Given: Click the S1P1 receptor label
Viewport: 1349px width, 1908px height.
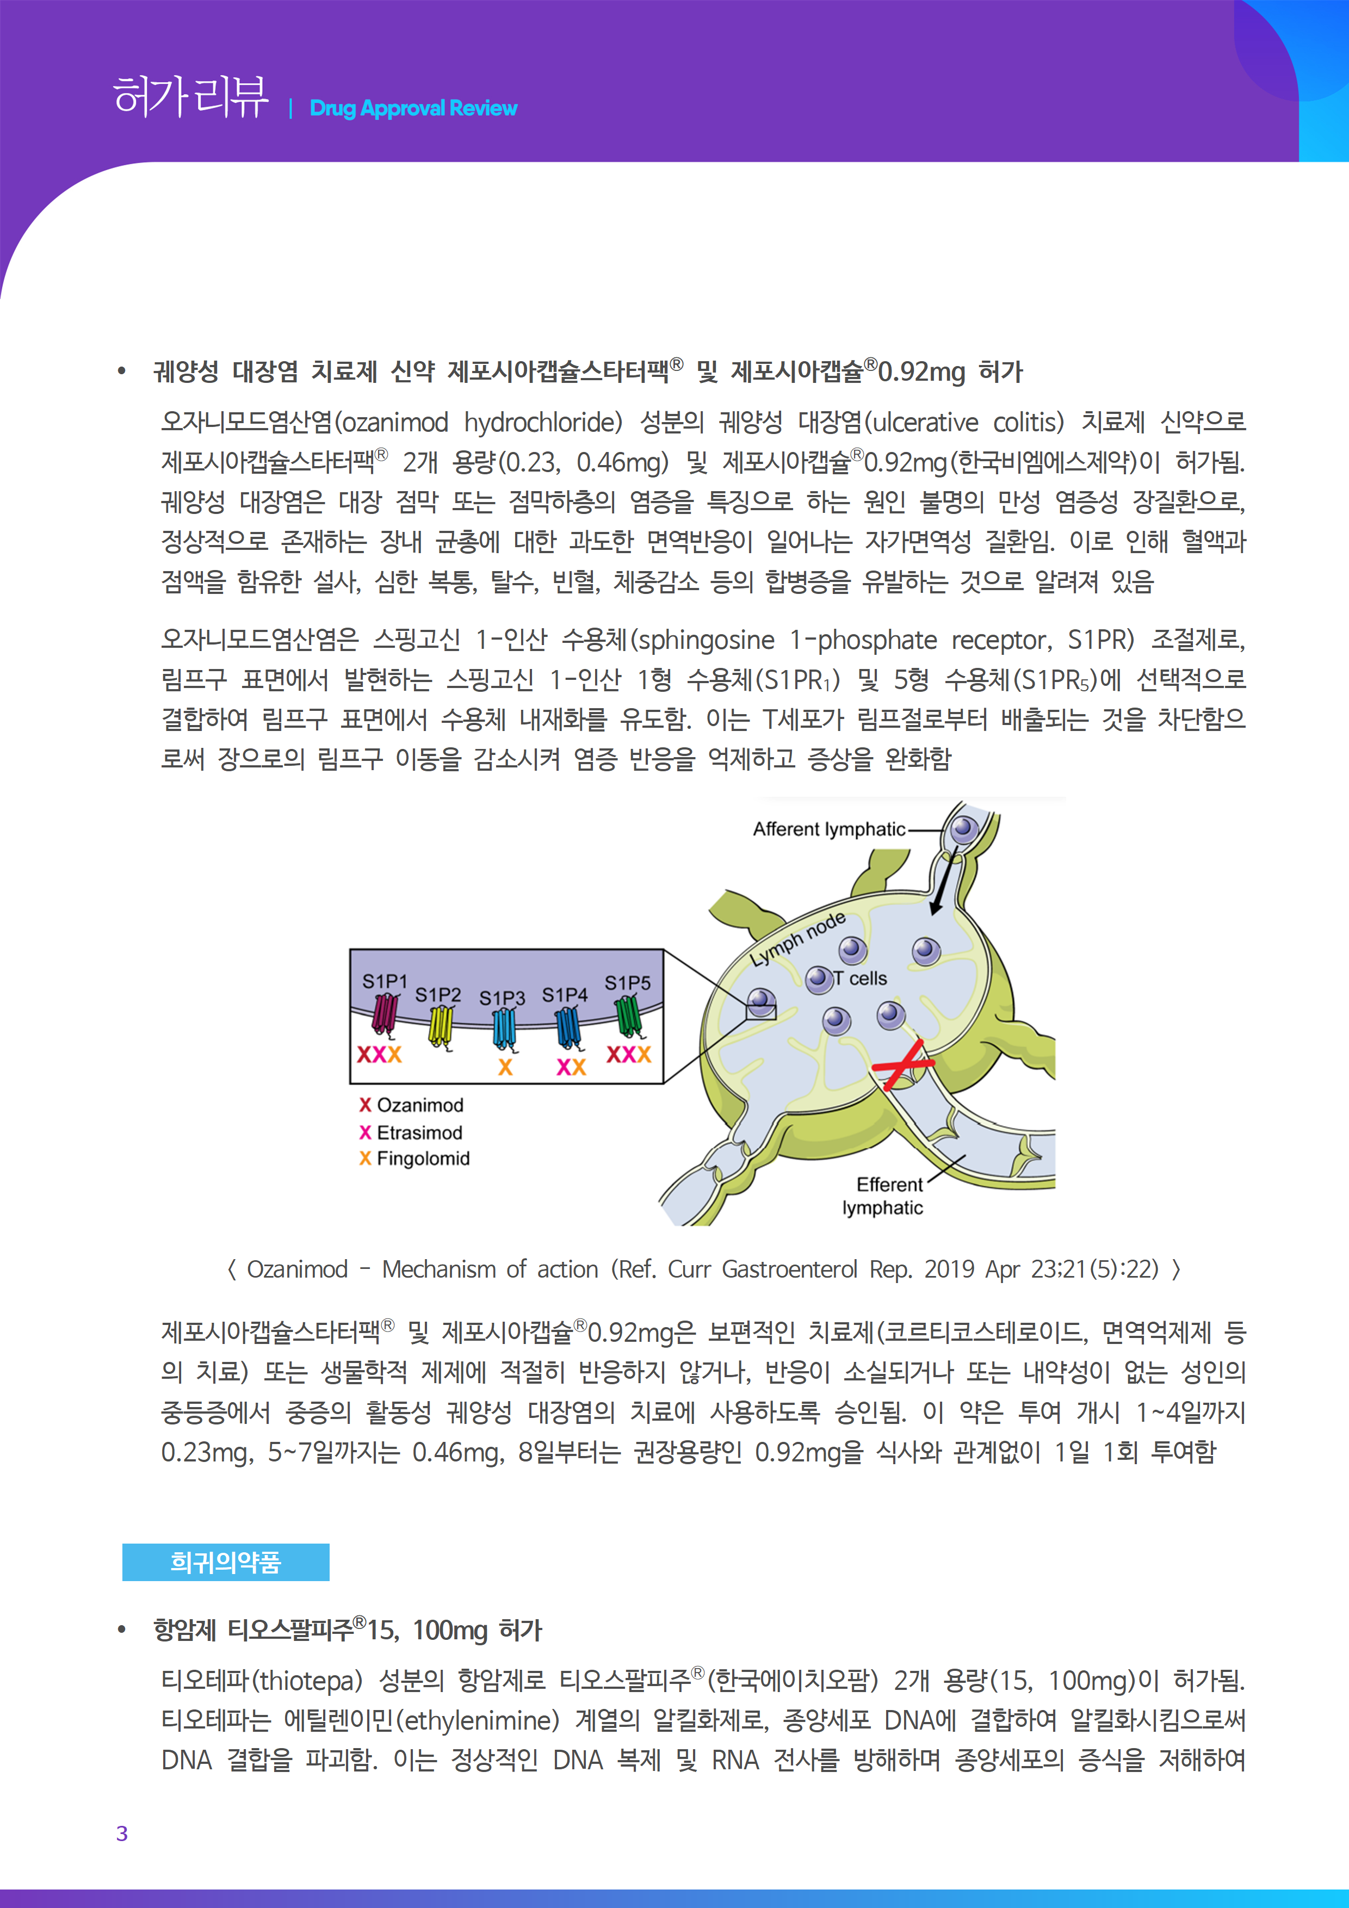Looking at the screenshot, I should pos(384,981).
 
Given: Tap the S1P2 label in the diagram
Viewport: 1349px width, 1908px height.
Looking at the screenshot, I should pos(437,995).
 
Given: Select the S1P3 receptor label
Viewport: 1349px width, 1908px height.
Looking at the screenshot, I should pos(502,997).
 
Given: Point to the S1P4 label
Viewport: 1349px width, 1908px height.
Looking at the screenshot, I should pos(565,995).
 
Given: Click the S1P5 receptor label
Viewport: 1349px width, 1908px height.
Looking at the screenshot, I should pos(628,983).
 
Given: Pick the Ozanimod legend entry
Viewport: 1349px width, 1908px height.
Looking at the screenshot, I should pos(411,1105).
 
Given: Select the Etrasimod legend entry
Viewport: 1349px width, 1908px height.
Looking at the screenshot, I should pos(411,1132).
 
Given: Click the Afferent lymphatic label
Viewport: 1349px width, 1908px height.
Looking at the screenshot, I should pos(828,829).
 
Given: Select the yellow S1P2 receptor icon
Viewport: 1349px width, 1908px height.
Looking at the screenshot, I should pos(441,1027).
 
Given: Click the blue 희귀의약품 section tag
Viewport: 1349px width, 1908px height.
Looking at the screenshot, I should pos(225,1562).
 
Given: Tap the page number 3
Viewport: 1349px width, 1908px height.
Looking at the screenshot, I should pos(122,1833).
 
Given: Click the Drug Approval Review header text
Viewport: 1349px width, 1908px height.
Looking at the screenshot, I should pos(413,108).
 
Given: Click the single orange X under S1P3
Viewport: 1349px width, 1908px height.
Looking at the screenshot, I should pos(505,1067).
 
